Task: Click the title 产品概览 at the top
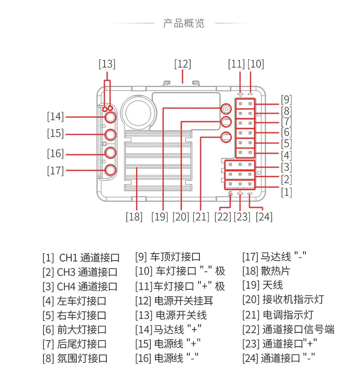pyautogui.click(x=184, y=23)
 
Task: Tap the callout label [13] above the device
pyautogui.click(x=107, y=64)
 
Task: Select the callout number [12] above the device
pyautogui.click(x=182, y=64)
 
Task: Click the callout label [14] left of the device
pyautogui.click(x=56, y=116)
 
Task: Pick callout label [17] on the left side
pyautogui.click(x=56, y=170)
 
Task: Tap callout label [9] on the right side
pyautogui.click(x=286, y=99)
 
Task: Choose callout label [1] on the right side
pyautogui.click(x=286, y=192)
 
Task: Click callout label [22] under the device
pyautogui.click(x=223, y=216)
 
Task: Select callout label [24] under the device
pyautogui.click(x=263, y=216)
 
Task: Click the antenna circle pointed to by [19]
pyautogui.click(x=225, y=109)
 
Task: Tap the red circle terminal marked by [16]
pyautogui.click(x=110, y=152)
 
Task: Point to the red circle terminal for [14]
pyautogui.click(x=110, y=118)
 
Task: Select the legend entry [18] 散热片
pyautogui.click(x=266, y=271)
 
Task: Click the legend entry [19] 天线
pyautogui.click(x=262, y=285)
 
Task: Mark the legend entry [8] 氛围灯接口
pyautogui.click(x=75, y=358)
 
